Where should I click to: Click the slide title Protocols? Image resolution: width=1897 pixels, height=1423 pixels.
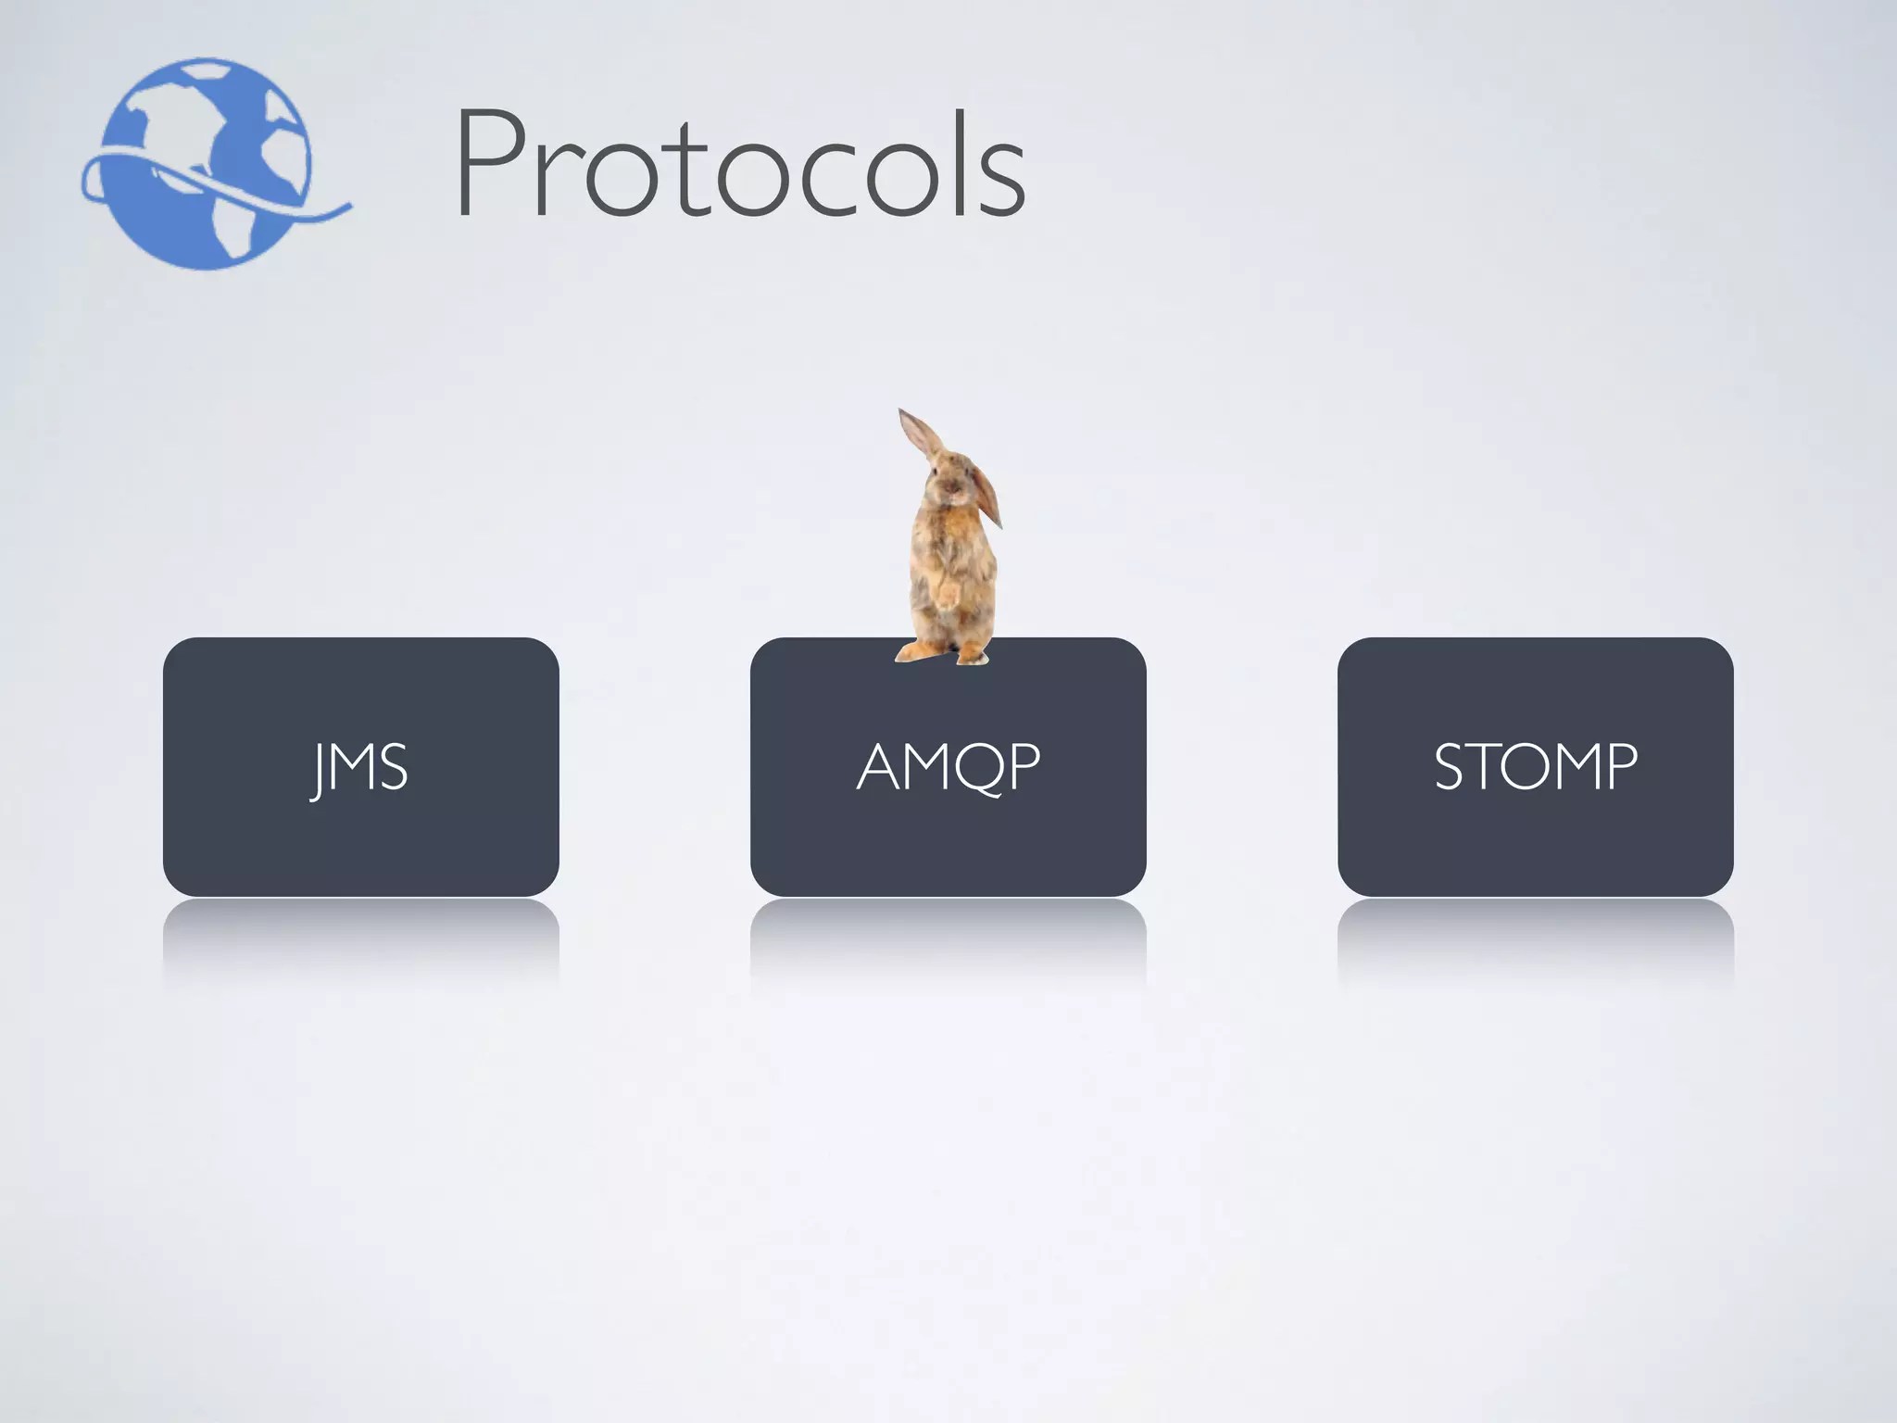(x=739, y=165)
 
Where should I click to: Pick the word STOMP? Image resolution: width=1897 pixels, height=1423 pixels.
(x=1535, y=767)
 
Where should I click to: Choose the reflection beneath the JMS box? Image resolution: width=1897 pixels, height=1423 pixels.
(x=360, y=936)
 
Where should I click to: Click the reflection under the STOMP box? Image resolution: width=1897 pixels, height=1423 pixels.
(x=1535, y=936)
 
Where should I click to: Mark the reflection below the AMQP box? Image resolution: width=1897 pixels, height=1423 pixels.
(x=948, y=936)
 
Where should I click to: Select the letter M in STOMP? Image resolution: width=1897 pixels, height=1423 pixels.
(x=1574, y=767)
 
